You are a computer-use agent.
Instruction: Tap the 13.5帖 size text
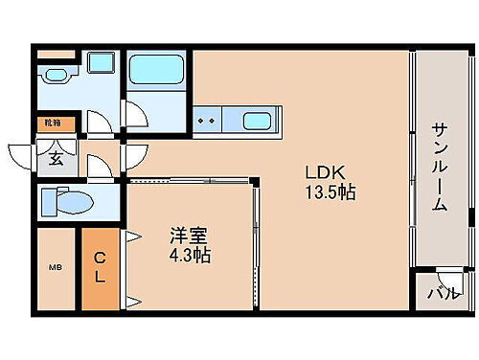point(331,192)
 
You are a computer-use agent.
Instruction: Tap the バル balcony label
point(442,293)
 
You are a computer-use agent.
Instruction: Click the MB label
point(55,269)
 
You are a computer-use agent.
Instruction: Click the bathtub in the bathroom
point(155,69)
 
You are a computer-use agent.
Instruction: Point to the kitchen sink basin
point(257,122)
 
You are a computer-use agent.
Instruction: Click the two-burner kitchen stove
point(207,122)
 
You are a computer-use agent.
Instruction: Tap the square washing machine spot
point(99,64)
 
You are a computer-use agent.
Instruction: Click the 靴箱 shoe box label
point(50,124)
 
